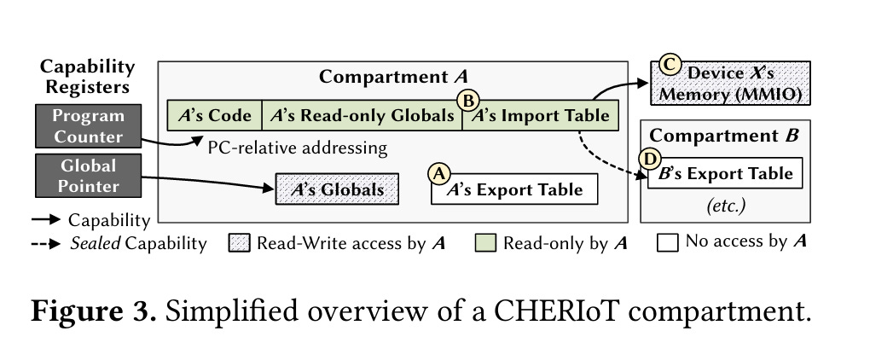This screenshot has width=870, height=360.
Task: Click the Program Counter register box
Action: tap(87, 125)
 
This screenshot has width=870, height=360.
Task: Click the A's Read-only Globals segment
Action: tap(362, 115)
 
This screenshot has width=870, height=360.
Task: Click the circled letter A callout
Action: tap(439, 173)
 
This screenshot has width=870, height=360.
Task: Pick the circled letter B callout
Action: tap(467, 100)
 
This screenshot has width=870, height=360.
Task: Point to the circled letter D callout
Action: tap(650, 159)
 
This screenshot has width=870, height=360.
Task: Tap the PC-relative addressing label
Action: tap(297, 148)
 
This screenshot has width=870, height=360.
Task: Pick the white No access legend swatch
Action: tap(668, 243)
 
